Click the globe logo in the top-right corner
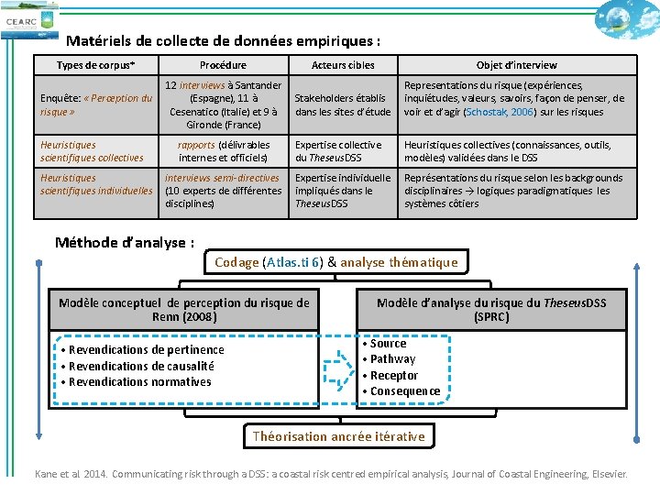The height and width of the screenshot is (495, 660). point(626,17)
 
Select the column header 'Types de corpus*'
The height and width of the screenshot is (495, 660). point(95,65)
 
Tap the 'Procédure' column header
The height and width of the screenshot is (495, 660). point(223,65)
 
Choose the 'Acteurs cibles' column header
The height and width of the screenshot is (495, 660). point(343,65)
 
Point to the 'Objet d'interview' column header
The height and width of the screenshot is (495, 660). point(516,65)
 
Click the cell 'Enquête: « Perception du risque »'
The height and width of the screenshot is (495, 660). point(96,104)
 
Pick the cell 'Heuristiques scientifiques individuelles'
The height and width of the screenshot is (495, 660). point(96,184)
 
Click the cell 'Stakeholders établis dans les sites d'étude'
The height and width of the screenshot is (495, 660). point(343,105)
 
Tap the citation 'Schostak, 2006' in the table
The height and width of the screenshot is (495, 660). point(497,112)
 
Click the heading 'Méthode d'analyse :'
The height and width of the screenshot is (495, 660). point(125,243)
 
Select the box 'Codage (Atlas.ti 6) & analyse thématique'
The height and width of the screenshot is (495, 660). point(335,262)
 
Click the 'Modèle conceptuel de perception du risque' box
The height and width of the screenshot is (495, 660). point(184,310)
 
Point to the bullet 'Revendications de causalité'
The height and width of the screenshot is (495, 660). point(141,366)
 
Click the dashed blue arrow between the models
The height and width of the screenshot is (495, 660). point(338,366)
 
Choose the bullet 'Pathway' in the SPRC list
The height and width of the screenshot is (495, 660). point(392,359)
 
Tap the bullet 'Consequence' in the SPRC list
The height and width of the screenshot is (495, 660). point(404,391)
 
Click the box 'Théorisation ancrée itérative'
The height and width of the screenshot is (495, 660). point(338,436)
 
